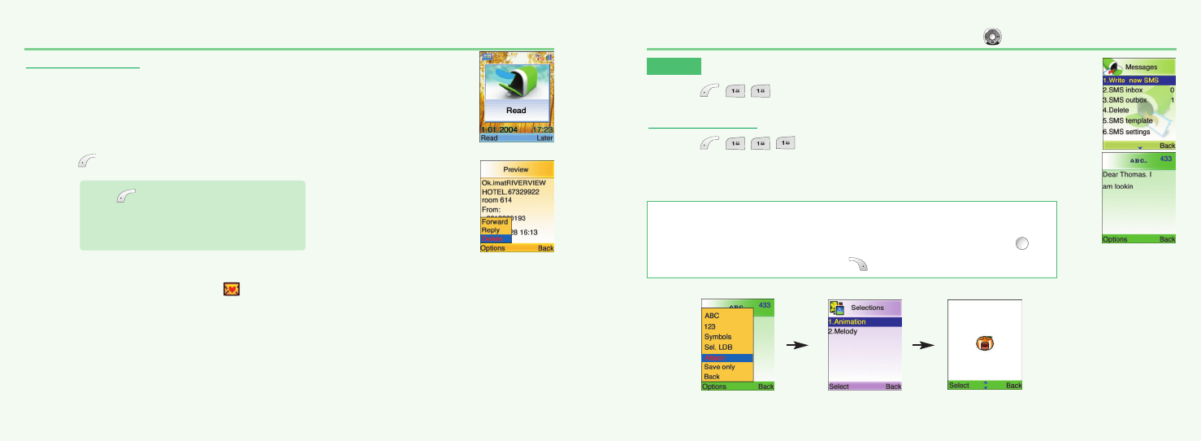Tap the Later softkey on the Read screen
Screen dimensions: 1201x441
pos(544,138)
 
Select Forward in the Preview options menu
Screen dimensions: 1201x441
pos(495,221)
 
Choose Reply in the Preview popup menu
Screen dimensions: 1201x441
pos(491,230)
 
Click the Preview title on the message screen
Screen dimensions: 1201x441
pos(516,169)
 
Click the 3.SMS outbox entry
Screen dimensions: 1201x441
pos(1129,100)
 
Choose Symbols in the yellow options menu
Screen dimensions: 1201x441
pos(718,337)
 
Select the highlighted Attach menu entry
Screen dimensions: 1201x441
pos(716,357)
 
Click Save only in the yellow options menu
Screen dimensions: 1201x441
pos(719,367)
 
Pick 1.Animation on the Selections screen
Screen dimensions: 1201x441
pos(848,321)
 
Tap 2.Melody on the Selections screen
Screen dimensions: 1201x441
pos(844,331)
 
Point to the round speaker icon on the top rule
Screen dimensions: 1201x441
pos(992,36)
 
